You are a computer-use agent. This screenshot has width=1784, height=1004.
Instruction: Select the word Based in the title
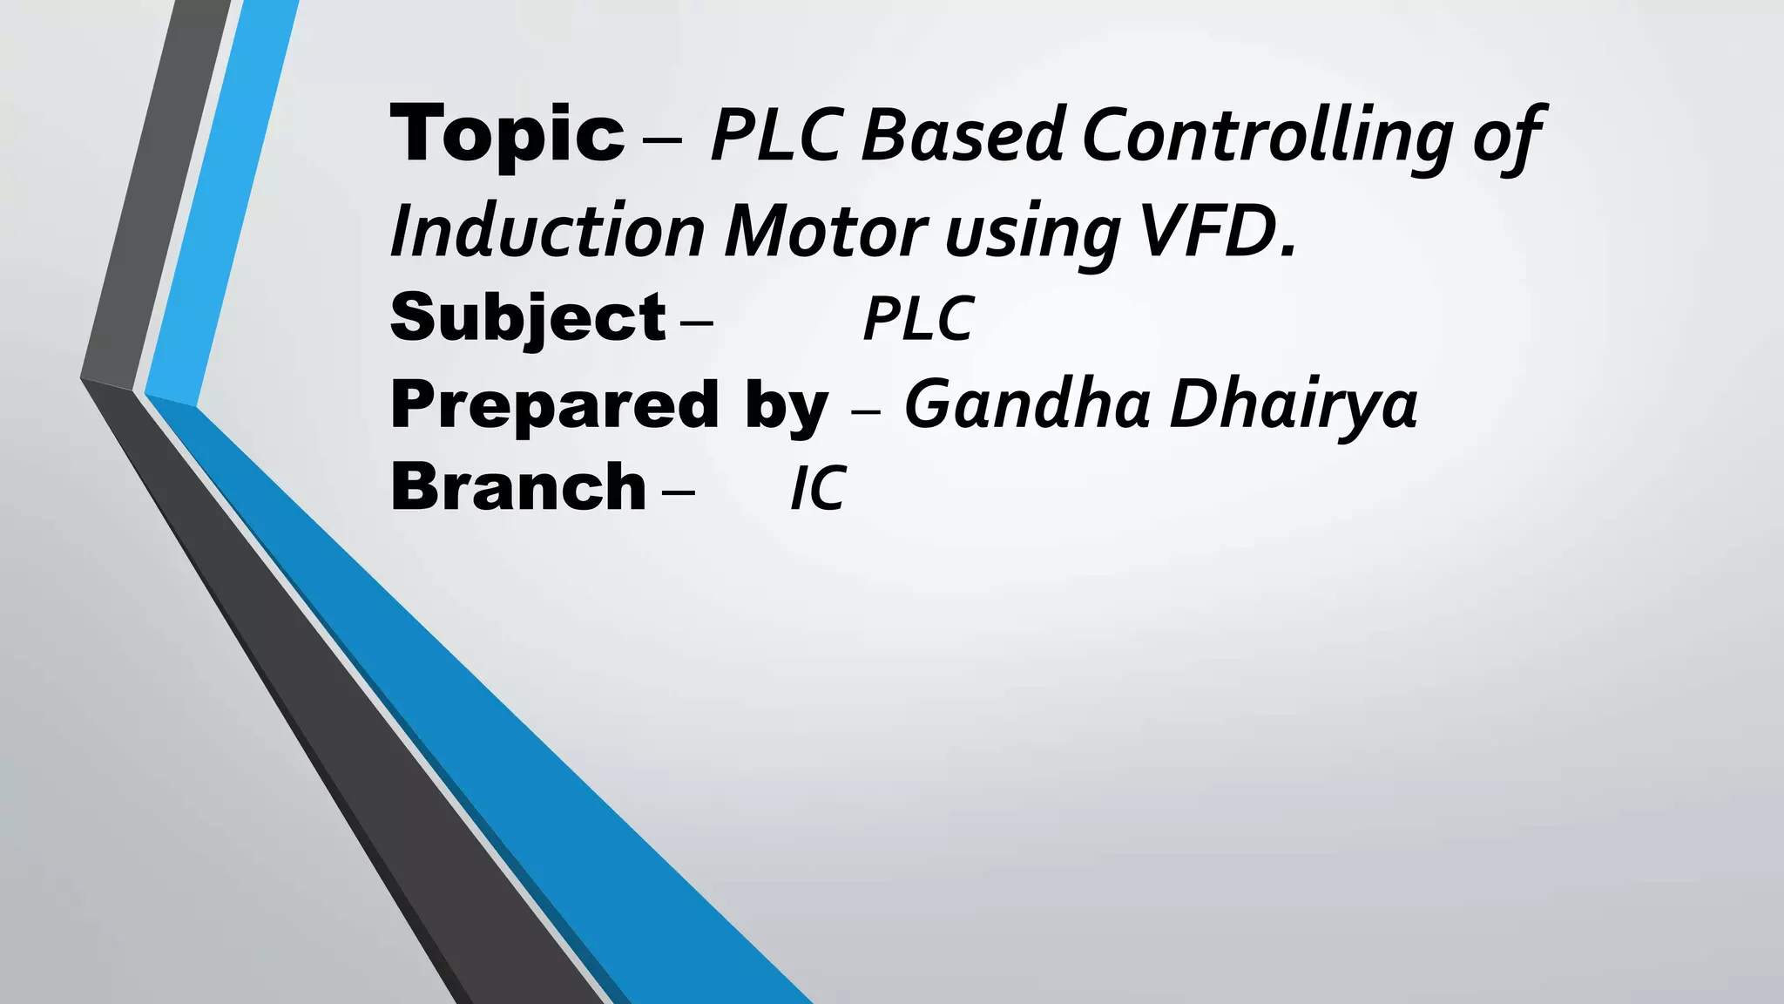point(962,135)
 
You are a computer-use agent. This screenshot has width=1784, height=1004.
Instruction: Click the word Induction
point(547,232)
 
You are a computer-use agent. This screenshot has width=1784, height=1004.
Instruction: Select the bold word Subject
point(528,318)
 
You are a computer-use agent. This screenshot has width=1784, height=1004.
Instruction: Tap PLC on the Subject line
point(918,318)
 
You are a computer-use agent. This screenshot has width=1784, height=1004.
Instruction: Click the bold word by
point(786,408)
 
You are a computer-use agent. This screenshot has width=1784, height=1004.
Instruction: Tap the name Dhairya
point(1293,405)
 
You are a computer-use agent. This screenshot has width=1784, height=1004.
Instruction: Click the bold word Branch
point(518,487)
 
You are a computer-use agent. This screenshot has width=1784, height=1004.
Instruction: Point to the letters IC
point(817,488)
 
